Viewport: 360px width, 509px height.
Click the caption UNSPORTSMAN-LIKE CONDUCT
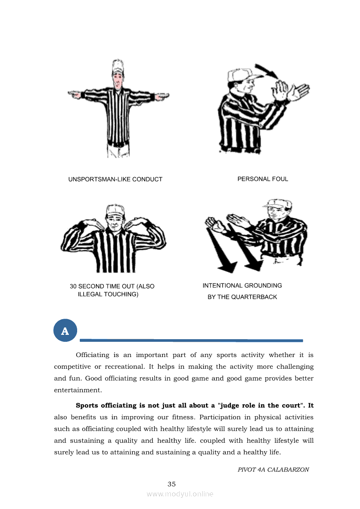point(115,179)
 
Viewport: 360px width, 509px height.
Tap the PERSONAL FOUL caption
point(262,179)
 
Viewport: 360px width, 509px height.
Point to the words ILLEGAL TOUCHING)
point(108,294)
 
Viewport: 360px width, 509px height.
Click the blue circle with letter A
point(65,331)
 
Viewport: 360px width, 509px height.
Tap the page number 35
point(172,484)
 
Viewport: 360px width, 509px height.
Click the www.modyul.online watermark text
point(180,494)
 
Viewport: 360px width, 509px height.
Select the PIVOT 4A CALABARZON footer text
point(273,470)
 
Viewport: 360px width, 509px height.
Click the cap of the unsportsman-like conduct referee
point(117,65)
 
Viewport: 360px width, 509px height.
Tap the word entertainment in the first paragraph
point(78,390)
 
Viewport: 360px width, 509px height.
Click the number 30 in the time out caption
point(73,287)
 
